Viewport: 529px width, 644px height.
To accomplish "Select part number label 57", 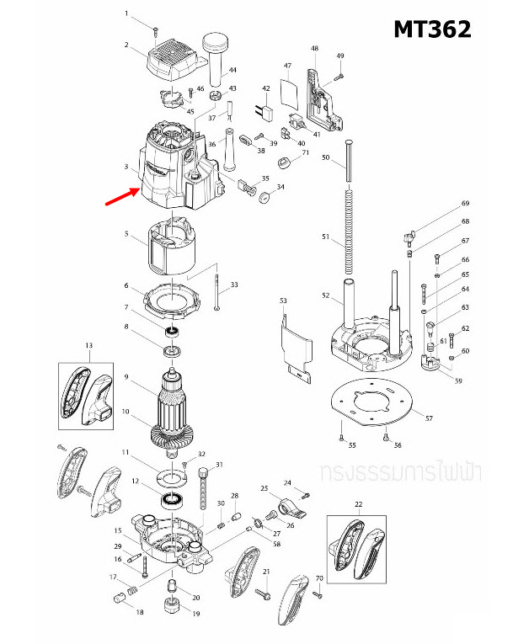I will (x=429, y=418).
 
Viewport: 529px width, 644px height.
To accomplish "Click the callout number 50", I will (x=325, y=169).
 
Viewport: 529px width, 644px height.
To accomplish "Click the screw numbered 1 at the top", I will (x=157, y=31).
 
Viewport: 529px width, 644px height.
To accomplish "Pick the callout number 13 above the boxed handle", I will (x=88, y=345).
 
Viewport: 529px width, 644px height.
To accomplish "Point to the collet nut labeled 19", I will (x=174, y=604).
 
